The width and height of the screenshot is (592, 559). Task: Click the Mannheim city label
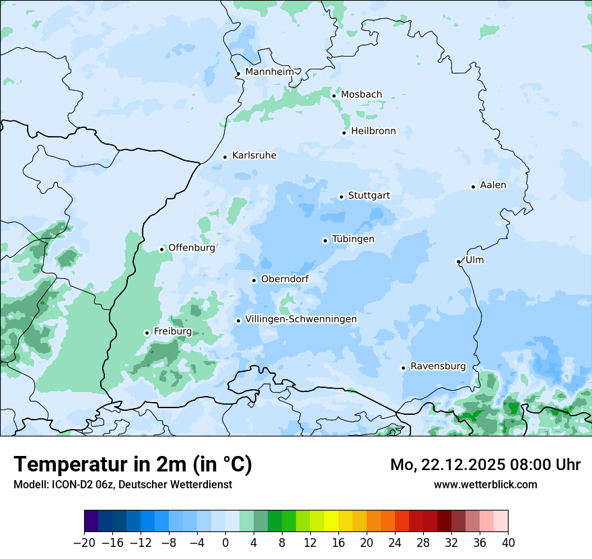coord(269,71)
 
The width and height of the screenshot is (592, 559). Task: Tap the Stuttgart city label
coord(369,196)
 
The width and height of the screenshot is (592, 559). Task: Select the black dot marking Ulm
coord(458,261)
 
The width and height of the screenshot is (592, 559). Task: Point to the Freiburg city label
coord(172,331)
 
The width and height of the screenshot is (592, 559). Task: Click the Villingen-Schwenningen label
coord(301,319)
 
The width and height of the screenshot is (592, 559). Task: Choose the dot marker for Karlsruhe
coord(225,157)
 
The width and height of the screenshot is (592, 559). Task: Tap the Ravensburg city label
coord(437,366)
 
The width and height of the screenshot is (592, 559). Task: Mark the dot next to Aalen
coord(473,187)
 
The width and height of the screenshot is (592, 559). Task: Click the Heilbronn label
coord(373,131)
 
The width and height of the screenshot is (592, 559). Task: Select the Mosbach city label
coord(361,95)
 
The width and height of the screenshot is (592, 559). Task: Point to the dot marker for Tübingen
coord(325,240)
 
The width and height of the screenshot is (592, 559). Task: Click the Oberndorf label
coord(285,279)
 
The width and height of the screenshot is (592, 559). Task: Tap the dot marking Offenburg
coord(161,249)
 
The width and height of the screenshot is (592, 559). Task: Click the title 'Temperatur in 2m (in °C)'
coord(133,465)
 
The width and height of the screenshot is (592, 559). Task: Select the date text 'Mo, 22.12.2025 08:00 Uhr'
coord(485,465)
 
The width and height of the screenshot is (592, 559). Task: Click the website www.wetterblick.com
coord(485,484)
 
